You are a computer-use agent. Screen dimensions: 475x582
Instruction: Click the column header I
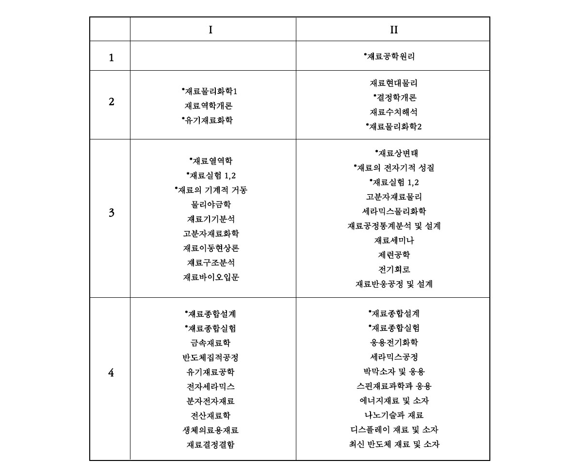(x=210, y=30)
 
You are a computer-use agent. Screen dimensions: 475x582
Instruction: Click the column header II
(x=394, y=30)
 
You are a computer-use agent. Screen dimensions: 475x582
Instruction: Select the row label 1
(x=112, y=58)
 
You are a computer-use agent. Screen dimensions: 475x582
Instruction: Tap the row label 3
(x=112, y=213)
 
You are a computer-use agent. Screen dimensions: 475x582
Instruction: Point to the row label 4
(x=112, y=373)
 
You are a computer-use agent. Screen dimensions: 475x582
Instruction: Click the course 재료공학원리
(x=391, y=57)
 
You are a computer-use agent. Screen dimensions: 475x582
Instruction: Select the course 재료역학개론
(x=209, y=106)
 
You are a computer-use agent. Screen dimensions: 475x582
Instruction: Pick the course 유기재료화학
(x=209, y=121)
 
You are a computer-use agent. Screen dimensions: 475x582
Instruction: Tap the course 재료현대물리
(x=394, y=83)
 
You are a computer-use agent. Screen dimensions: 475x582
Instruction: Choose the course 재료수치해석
(x=394, y=112)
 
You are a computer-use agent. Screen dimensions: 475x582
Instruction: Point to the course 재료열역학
(x=209, y=161)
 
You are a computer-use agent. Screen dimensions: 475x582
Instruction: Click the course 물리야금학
(x=211, y=205)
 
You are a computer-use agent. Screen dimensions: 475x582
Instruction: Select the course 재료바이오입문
(x=211, y=277)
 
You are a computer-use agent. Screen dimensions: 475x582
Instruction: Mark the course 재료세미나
(x=394, y=241)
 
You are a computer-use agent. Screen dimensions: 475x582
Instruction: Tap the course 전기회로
(x=394, y=270)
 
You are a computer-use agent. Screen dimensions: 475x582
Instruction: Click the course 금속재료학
(x=211, y=343)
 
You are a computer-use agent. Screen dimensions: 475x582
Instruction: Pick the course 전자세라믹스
(x=211, y=387)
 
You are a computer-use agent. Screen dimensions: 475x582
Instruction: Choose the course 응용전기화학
(x=394, y=343)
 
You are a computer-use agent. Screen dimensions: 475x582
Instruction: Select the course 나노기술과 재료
(x=394, y=415)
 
